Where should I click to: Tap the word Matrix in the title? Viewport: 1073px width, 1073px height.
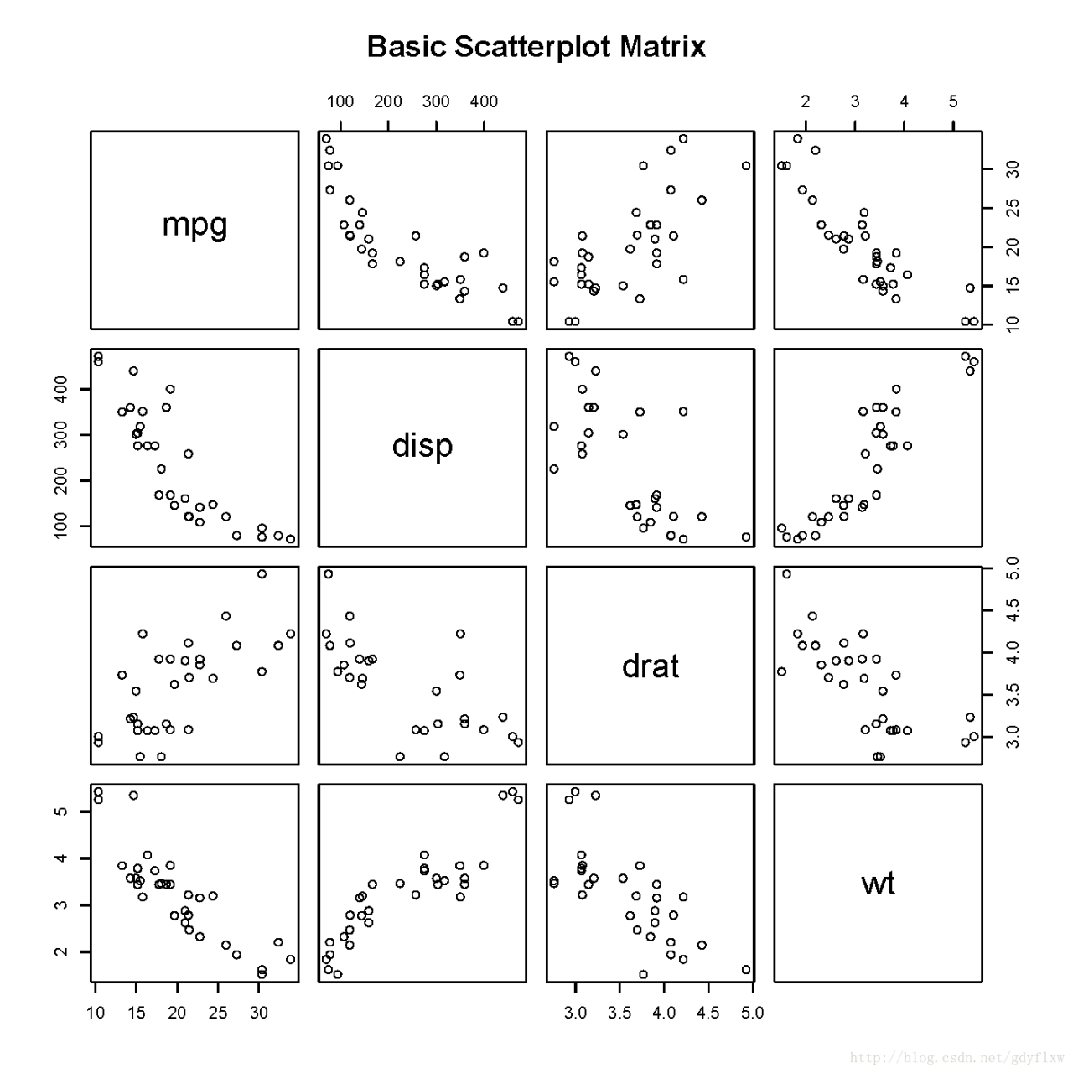(x=663, y=47)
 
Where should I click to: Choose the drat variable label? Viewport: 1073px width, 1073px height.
(x=651, y=666)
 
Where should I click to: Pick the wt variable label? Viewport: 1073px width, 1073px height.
(x=879, y=884)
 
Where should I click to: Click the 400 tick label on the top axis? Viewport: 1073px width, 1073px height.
(x=484, y=102)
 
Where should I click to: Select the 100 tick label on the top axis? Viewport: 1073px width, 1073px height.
(x=340, y=102)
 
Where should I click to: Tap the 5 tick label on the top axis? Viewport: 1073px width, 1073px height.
(x=953, y=102)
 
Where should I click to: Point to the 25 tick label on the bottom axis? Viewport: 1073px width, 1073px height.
(x=218, y=1013)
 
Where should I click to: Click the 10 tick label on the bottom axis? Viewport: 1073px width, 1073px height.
(x=96, y=1013)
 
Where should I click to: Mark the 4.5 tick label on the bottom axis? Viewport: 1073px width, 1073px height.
(x=708, y=1013)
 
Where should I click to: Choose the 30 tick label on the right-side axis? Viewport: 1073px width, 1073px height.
(x=1014, y=169)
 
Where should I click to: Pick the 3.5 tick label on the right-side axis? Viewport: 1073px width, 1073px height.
(x=1014, y=695)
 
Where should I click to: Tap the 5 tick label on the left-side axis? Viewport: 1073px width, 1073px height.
(x=63, y=811)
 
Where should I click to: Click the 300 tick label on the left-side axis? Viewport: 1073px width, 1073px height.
(x=63, y=435)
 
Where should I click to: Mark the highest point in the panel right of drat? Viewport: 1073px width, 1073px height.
(x=787, y=574)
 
